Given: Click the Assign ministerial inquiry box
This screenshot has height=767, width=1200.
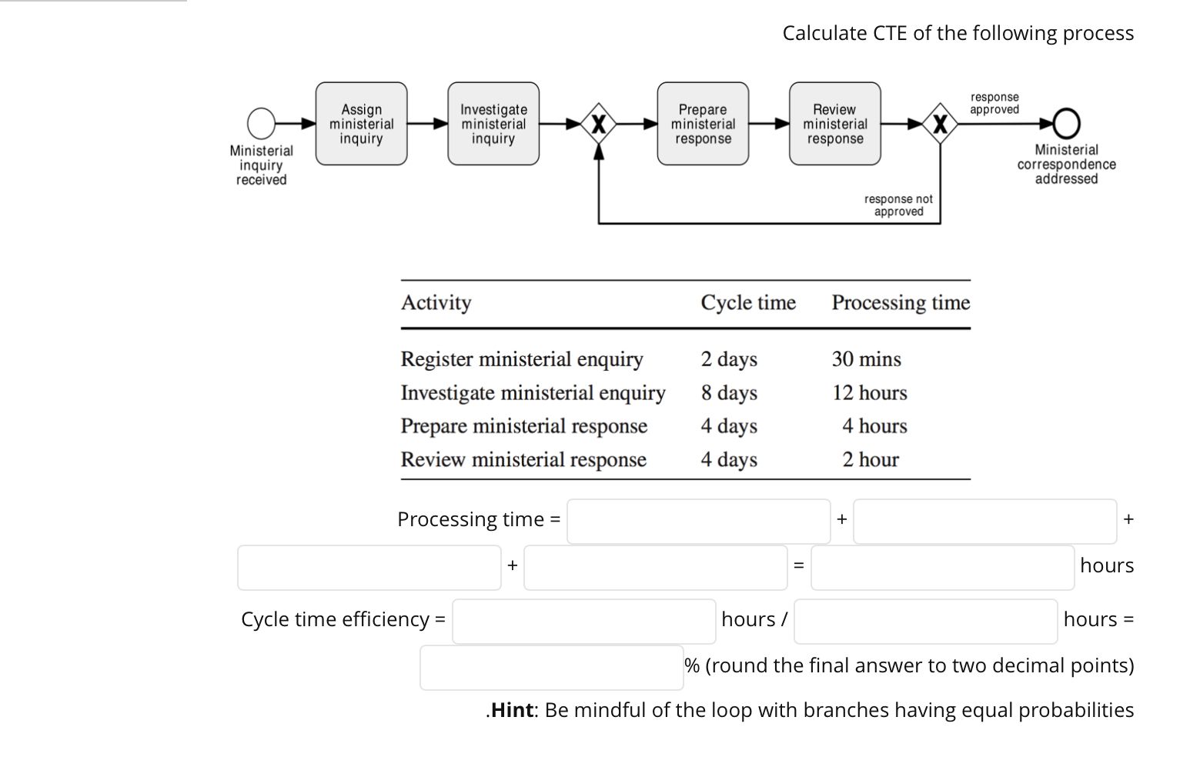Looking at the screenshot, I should click(x=361, y=124).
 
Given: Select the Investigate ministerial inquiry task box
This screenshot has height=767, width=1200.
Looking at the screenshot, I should click(x=493, y=124).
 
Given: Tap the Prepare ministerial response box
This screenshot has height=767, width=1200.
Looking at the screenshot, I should click(x=702, y=124).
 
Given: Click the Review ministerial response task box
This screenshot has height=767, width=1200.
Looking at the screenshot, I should click(x=834, y=124).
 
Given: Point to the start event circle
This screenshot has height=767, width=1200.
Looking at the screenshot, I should click(x=261, y=123).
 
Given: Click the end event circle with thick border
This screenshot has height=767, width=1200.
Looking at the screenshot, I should click(x=1066, y=123).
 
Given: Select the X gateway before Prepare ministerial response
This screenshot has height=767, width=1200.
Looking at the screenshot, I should click(x=599, y=123).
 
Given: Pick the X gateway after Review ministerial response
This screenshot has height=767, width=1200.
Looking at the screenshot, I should click(x=939, y=123).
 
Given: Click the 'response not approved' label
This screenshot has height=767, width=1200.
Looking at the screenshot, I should click(x=898, y=205).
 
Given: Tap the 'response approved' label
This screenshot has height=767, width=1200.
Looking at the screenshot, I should click(x=994, y=103).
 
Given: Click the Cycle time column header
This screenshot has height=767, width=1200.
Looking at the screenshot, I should click(x=747, y=302).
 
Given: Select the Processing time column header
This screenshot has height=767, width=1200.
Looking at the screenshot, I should click(x=901, y=302).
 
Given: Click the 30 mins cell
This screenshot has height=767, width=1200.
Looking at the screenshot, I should click(x=866, y=359).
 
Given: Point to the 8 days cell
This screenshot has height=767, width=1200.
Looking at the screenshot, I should click(x=728, y=393).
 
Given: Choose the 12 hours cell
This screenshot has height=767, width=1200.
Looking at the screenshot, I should click(x=869, y=393).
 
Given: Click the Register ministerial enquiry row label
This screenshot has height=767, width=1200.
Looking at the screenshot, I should click(x=521, y=359).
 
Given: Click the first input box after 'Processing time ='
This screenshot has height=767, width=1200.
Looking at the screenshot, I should click(x=698, y=522).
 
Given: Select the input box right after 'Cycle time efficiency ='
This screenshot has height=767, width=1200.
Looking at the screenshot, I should click(x=583, y=622).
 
